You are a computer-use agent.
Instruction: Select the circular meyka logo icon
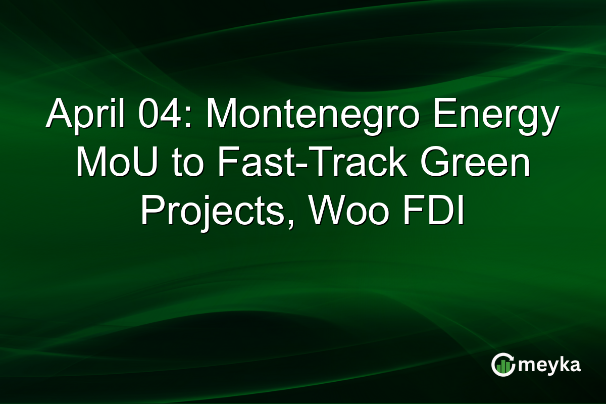click(503, 365)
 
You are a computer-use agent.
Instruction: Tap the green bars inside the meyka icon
click(503, 367)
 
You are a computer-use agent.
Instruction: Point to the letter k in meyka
click(564, 364)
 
